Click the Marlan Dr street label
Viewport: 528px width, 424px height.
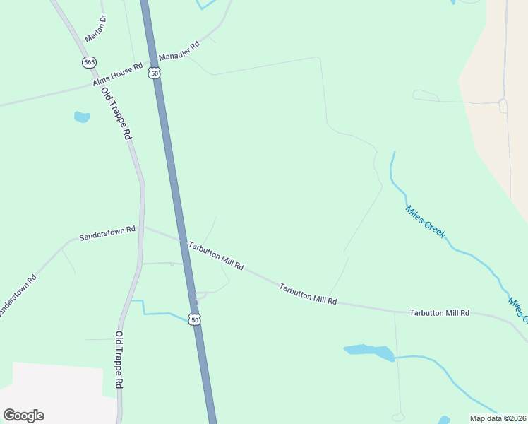[x=95, y=28]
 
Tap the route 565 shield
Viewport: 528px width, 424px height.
[x=89, y=62]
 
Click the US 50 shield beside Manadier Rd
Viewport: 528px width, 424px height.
[x=155, y=72]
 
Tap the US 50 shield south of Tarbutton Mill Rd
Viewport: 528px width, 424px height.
[x=196, y=319]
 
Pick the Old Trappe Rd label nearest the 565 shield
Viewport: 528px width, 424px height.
[x=117, y=113]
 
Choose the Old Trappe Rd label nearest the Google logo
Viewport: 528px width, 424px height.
[x=120, y=360]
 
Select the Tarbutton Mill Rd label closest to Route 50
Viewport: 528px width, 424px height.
[x=216, y=255]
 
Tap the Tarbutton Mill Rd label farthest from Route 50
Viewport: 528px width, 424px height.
[x=440, y=312]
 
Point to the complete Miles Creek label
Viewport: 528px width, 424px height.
[x=425, y=221]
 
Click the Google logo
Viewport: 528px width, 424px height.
[x=23, y=415]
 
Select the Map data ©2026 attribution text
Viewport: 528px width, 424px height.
[x=497, y=418]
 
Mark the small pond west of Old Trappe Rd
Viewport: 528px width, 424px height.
[x=82, y=117]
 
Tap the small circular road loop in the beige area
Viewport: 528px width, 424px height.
[x=503, y=106]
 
